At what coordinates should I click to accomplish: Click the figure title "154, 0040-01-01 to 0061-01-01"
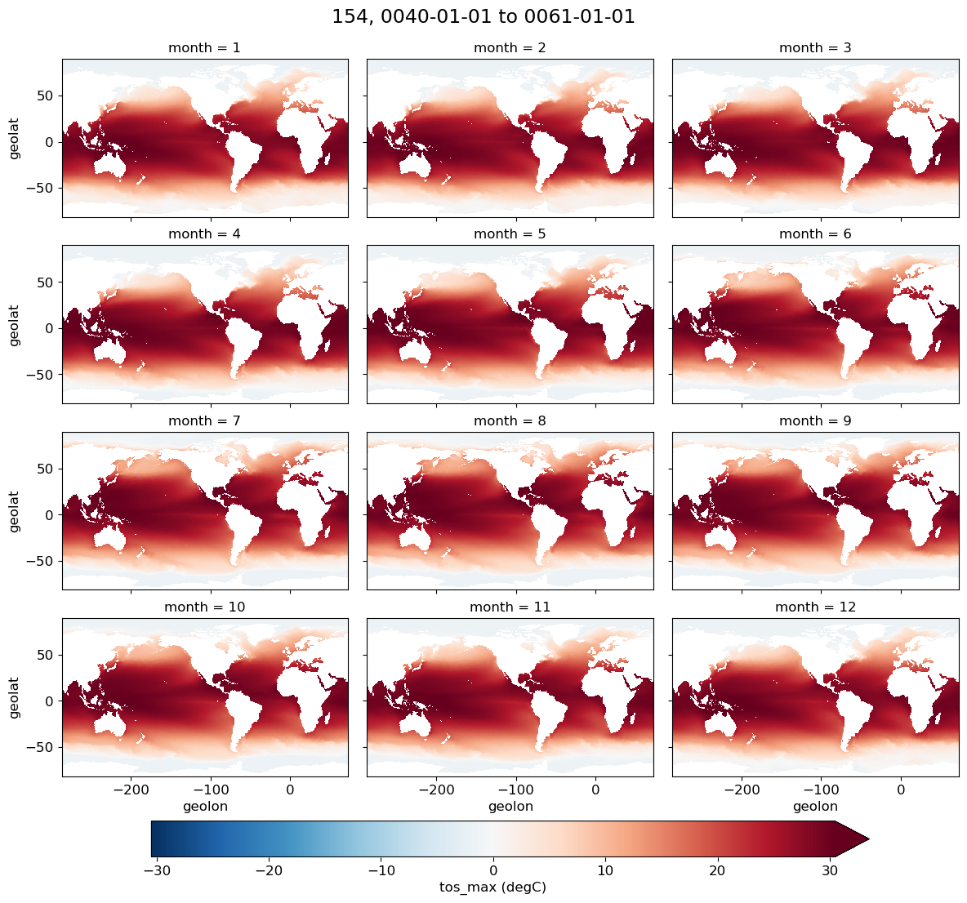pyautogui.click(x=483, y=16)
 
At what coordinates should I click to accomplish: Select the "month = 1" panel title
pyautogui.click(x=204, y=48)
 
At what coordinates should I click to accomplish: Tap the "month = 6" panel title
pyautogui.click(x=815, y=234)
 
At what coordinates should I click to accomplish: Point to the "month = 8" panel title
pyautogui.click(x=510, y=421)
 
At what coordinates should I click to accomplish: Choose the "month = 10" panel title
pyautogui.click(x=204, y=607)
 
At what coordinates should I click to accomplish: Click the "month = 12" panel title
pyautogui.click(x=815, y=607)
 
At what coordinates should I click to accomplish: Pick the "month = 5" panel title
pyautogui.click(x=510, y=234)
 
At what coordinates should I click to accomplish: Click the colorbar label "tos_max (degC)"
pyautogui.click(x=492, y=887)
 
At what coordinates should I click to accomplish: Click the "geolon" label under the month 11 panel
pyautogui.click(x=510, y=807)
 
